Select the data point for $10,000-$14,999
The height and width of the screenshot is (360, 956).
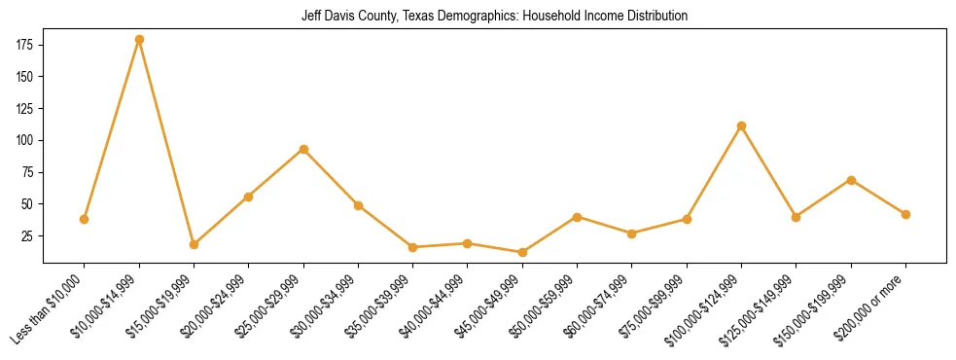coord(139,40)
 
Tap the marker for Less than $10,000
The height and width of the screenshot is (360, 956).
coord(85,219)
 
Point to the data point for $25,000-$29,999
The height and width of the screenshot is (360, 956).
coord(303,149)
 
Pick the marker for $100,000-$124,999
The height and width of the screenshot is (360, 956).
coord(742,126)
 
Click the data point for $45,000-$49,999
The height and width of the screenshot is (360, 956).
coord(522,252)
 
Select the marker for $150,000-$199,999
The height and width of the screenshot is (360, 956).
coord(851,180)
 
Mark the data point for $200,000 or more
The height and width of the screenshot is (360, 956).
coord(905,214)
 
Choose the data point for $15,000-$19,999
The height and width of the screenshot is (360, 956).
coord(194,244)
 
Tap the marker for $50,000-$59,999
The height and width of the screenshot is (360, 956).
coord(578,217)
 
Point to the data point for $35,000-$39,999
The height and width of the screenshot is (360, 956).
coord(413,247)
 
